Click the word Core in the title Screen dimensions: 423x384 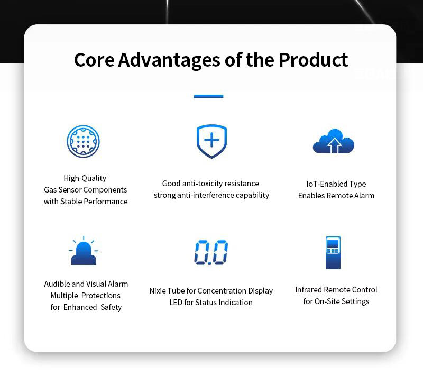(94, 60)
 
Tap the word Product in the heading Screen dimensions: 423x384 (313, 60)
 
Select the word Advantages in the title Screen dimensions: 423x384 (169, 60)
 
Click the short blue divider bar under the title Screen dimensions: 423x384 (208, 97)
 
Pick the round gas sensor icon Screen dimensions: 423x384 (83, 141)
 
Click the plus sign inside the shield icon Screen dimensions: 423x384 (212, 140)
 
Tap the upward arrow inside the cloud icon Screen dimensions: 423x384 (334, 145)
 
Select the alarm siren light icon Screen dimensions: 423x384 (84, 251)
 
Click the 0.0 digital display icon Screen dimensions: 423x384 (211, 252)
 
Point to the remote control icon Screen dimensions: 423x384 (333, 253)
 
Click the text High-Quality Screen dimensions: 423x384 (85, 178)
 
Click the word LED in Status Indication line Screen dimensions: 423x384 (176, 302)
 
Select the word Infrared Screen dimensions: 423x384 (309, 290)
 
